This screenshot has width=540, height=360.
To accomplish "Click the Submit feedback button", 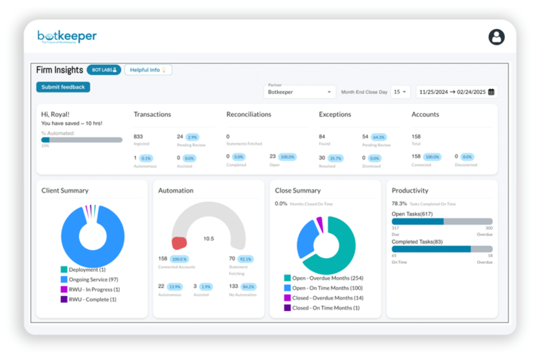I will click(x=63, y=87).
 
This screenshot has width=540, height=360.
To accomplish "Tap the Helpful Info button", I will click(x=148, y=70).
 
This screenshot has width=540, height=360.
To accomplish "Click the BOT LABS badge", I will click(x=104, y=70).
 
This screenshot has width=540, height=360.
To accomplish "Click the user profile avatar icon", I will click(x=496, y=37).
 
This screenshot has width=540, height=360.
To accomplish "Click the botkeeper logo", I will click(x=67, y=36).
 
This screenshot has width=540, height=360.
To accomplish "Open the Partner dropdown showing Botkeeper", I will click(x=299, y=92).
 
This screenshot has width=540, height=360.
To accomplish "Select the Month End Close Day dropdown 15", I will click(x=400, y=92).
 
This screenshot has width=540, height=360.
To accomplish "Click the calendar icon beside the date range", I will click(x=491, y=92).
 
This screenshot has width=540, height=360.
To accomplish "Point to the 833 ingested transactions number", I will click(x=138, y=137).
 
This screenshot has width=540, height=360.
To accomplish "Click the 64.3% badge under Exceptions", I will click(x=379, y=138).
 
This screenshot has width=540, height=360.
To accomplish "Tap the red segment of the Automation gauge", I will click(x=179, y=243).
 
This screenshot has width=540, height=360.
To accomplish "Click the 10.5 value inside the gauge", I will click(x=208, y=239).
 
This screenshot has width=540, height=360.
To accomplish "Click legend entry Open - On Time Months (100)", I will click(x=327, y=288).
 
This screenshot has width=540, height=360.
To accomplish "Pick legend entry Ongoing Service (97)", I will click(x=93, y=280).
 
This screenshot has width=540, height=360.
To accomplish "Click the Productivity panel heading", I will click(x=410, y=191).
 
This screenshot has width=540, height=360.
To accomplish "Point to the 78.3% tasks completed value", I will click(x=399, y=204).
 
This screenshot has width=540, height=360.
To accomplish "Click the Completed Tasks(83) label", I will click(x=417, y=242).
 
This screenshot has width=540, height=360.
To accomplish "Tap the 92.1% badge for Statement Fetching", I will click(x=245, y=259).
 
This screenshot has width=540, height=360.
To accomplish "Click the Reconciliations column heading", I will click(x=248, y=115).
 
